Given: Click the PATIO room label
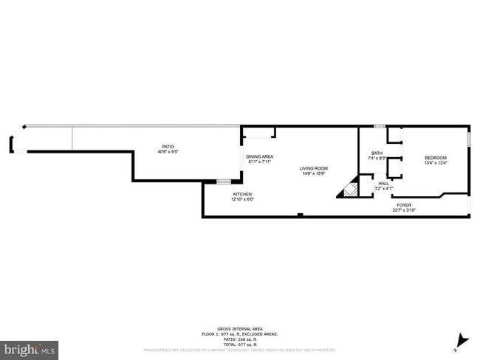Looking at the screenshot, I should [168, 147].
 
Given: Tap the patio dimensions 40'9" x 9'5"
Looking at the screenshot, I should [168, 152].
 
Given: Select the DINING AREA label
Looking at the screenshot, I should [260, 156].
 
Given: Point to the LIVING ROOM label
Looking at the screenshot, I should [313, 169].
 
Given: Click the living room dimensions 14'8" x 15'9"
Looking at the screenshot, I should [313, 174].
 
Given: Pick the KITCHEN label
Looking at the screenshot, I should [242, 194].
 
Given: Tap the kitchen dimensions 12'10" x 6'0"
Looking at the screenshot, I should [242, 199].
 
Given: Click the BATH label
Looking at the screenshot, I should [377, 153].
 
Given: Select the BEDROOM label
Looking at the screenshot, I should [436, 158].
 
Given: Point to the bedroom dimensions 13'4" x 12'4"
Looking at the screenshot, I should [436, 163].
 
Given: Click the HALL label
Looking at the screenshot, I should [383, 184].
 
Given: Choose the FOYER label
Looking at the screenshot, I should [404, 205].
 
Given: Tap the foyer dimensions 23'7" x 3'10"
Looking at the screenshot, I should [404, 210].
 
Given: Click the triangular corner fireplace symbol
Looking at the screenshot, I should [349, 192].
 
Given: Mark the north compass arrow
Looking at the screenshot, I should [462, 340].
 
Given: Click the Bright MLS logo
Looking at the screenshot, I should [30, 346].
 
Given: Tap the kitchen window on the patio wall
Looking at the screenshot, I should [224, 180].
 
